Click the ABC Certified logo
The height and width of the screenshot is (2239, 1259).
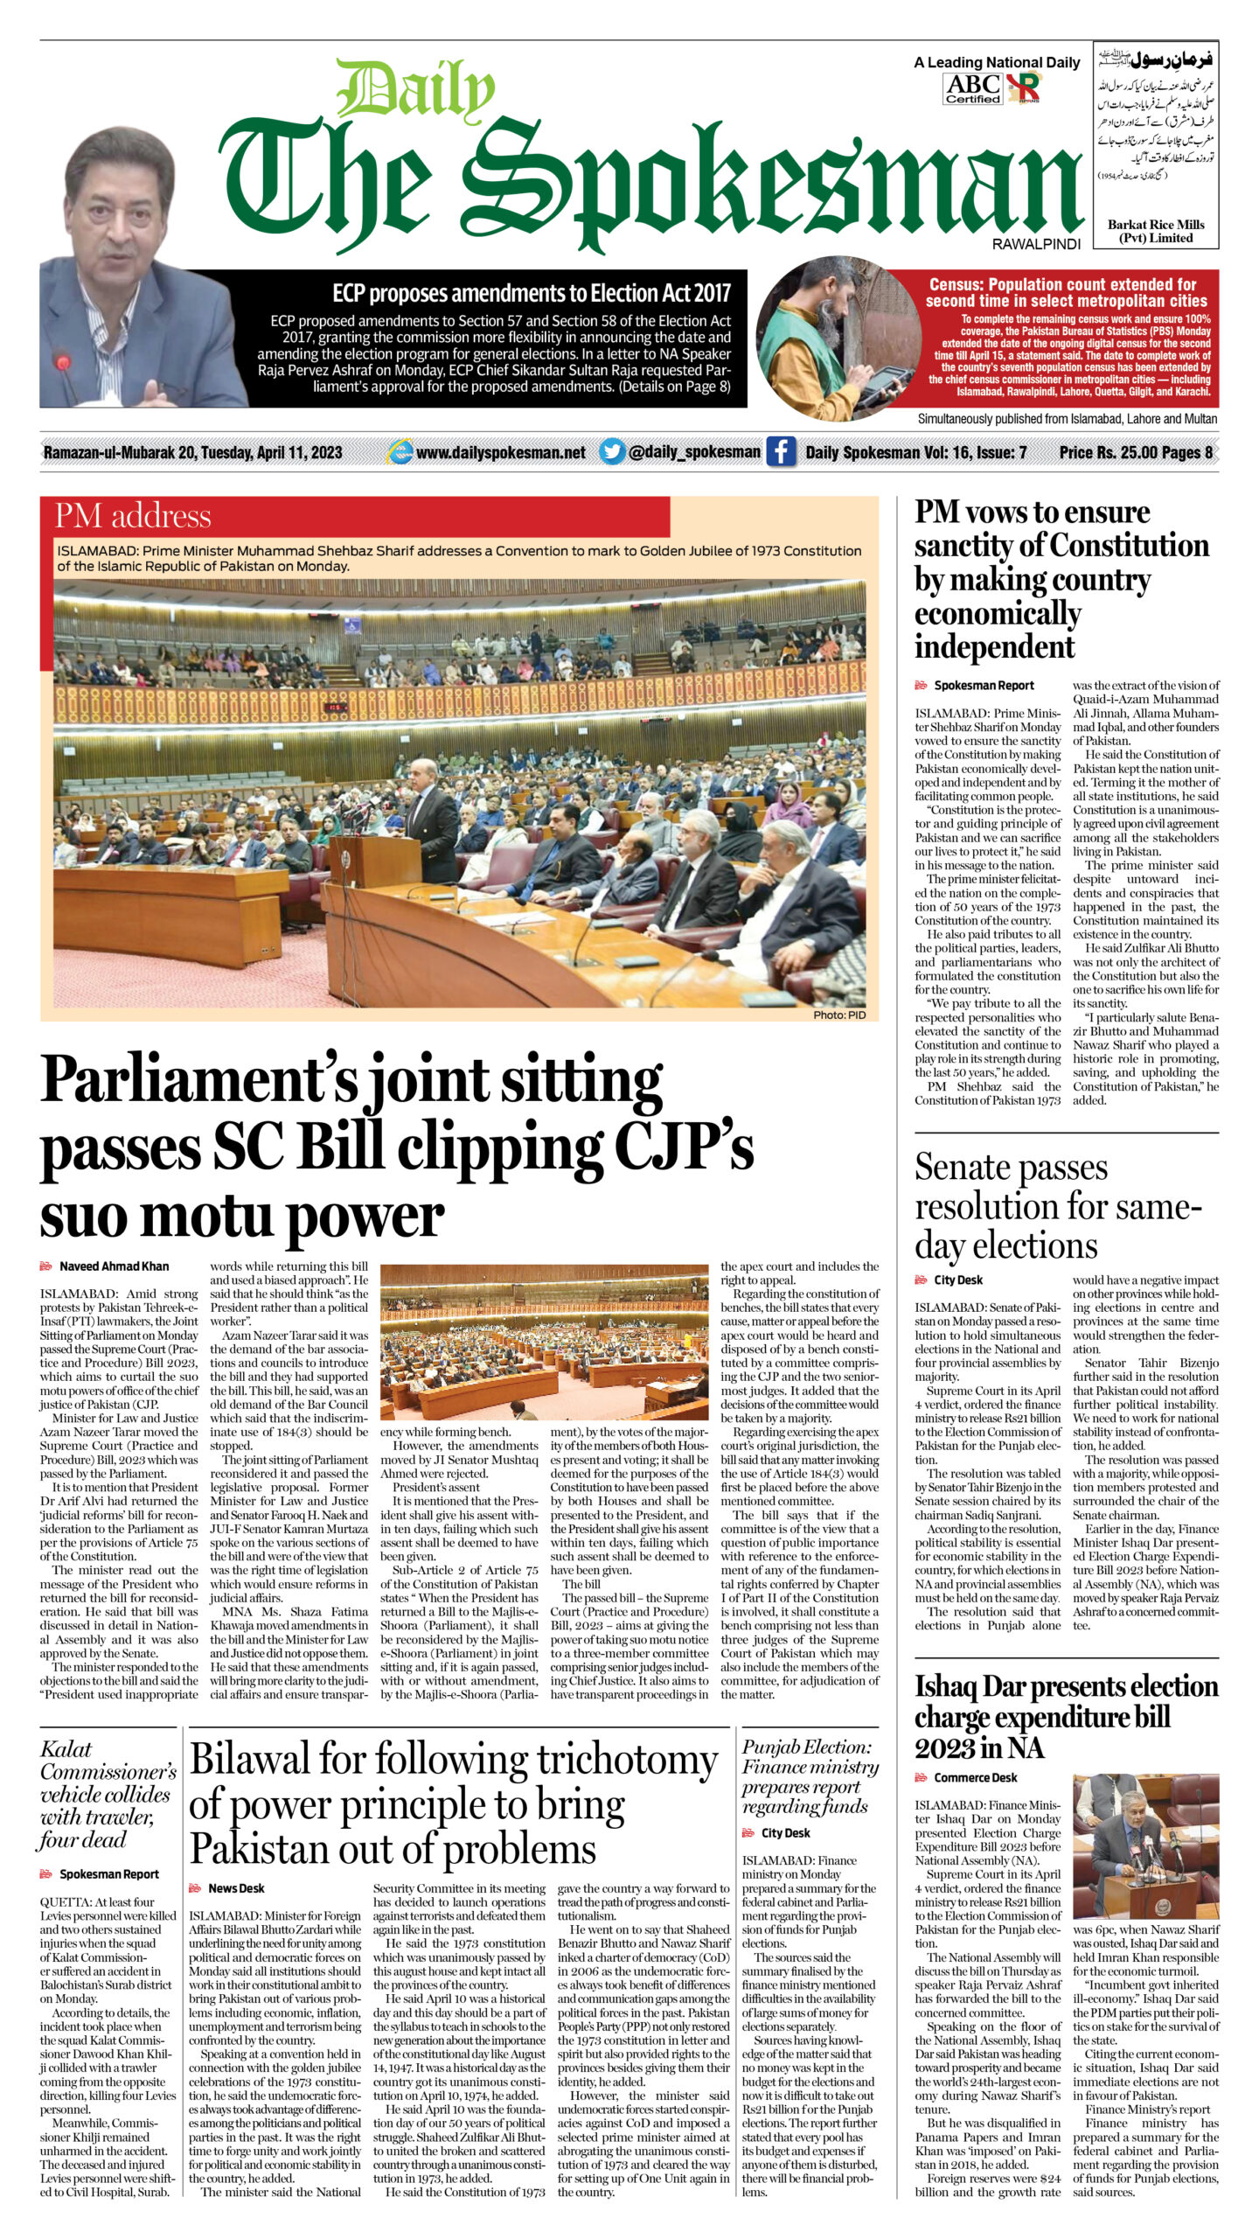[x=973, y=88]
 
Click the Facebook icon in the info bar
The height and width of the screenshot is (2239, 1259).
[x=780, y=452]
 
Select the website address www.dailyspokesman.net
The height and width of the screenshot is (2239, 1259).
[x=500, y=452]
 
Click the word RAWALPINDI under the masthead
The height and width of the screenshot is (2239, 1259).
[x=1036, y=245]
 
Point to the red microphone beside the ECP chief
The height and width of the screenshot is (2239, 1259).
[x=61, y=363]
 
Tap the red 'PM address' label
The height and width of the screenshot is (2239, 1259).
[x=133, y=516]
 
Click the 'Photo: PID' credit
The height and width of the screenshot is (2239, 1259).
[x=838, y=1015]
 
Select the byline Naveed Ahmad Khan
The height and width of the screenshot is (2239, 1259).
[x=114, y=1266]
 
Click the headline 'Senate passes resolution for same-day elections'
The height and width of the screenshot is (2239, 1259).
[x=1054, y=1206]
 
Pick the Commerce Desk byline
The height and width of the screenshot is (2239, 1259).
[x=975, y=1777]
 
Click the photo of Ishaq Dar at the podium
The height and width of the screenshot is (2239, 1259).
[x=1145, y=1845]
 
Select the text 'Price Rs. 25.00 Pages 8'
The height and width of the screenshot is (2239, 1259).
[x=1136, y=452]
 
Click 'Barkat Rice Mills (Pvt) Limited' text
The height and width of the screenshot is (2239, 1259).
[x=1155, y=231]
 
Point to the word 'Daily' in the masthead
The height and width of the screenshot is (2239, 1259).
[x=415, y=90]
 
